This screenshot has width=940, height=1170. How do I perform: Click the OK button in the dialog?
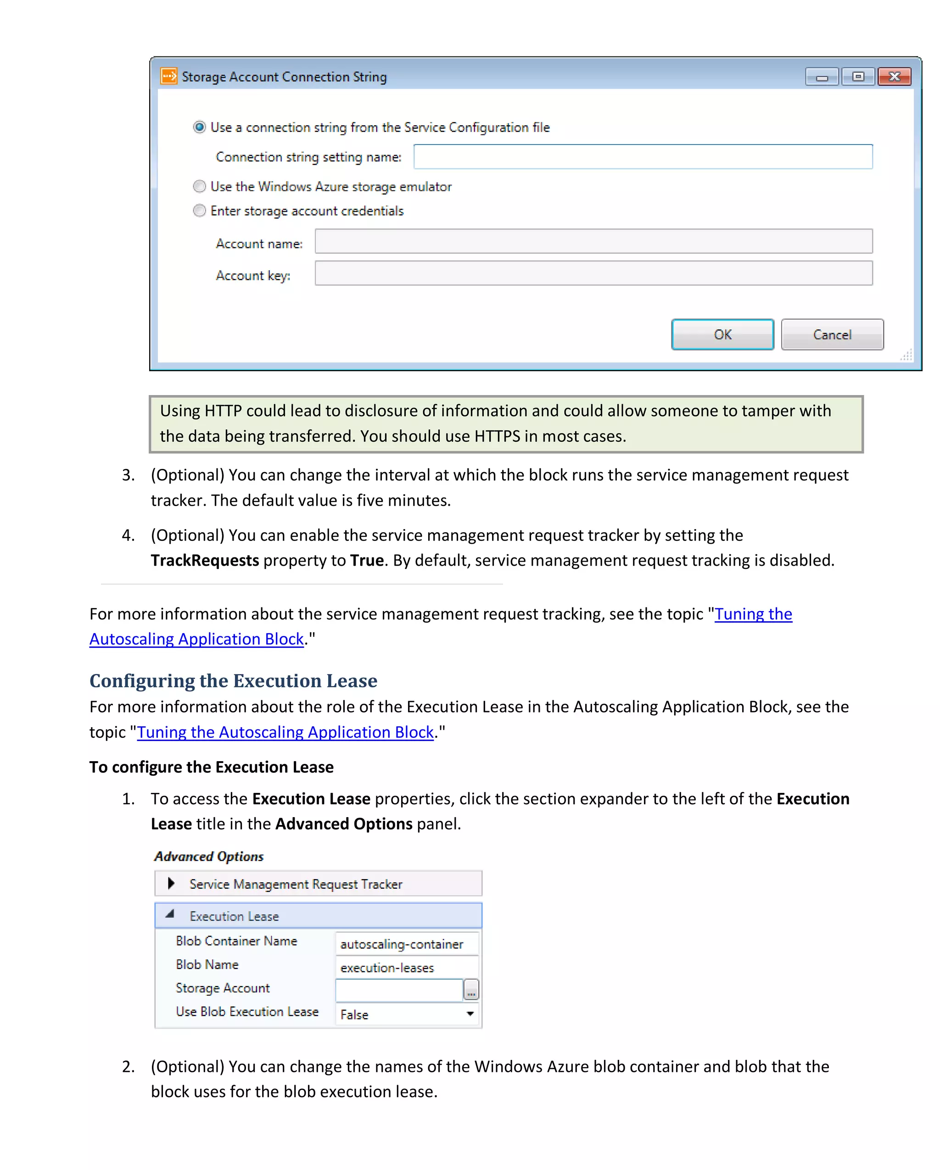point(722,334)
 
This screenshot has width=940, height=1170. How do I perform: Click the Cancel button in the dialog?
point(832,334)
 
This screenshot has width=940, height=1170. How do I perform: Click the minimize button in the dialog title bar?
point(822,77)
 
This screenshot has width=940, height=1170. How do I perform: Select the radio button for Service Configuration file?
point(200,127)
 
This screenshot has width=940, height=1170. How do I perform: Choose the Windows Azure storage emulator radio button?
point(200,186)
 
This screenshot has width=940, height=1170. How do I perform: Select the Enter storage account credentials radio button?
point(200,211)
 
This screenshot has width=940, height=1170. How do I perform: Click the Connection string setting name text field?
point(643,157)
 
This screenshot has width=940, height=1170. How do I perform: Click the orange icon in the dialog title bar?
point(169,76)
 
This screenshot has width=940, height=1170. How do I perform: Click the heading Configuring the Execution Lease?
point(233,680)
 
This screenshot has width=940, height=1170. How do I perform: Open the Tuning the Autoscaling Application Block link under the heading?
point(285,732)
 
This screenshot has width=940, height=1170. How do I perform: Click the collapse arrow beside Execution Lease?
point(170,914)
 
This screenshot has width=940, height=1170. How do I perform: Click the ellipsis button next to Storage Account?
point(470,990)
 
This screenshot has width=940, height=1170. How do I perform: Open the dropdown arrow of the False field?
point(470,1013)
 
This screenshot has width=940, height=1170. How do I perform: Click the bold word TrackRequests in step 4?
point(205,560)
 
